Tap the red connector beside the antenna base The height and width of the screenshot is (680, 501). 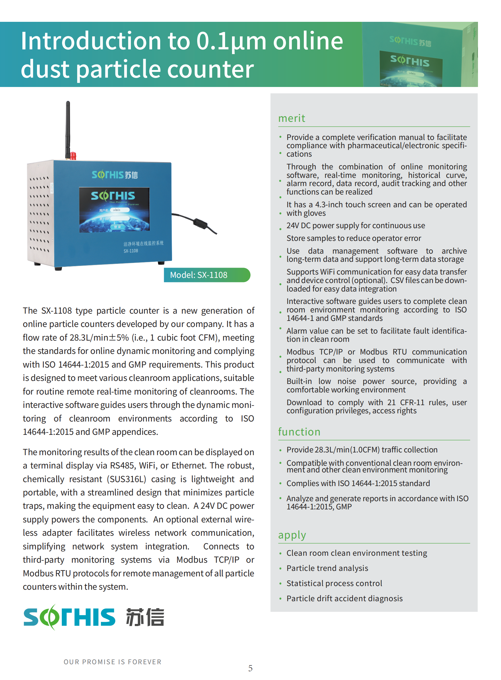pyautogui.click(x=73, y=156)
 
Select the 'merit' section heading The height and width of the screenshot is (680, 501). pyautogui.click(x=291, y=118)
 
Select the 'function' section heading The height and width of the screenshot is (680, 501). pyautogui.click(x=299, y=432)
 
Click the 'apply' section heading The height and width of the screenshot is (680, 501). pyautogui.click(x=292, y=535)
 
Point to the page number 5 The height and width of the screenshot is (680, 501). pyautogui.click(x=250, y=668)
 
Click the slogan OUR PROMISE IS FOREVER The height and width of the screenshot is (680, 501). pyautogui.click(x=112, y=662)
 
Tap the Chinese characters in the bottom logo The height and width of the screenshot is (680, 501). pyautogui.click(x=145, y=617)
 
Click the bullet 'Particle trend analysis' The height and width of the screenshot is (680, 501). pyautogui.click(x=327, y=568)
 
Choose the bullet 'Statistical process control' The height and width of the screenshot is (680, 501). pyautogui.click(x=334, y=583)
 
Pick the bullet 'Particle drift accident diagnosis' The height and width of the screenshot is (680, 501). pyautogui.click(x=344, y=598)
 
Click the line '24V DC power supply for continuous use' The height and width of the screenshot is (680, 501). pyautogui.click(x=356, y=225)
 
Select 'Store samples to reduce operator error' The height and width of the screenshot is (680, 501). pyautogui.click(x=354, y=238)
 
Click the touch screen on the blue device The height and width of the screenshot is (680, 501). pyautogui.click(x=114, y=210)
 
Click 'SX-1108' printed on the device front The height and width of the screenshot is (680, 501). pyautogui.click(x=131, y=251)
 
